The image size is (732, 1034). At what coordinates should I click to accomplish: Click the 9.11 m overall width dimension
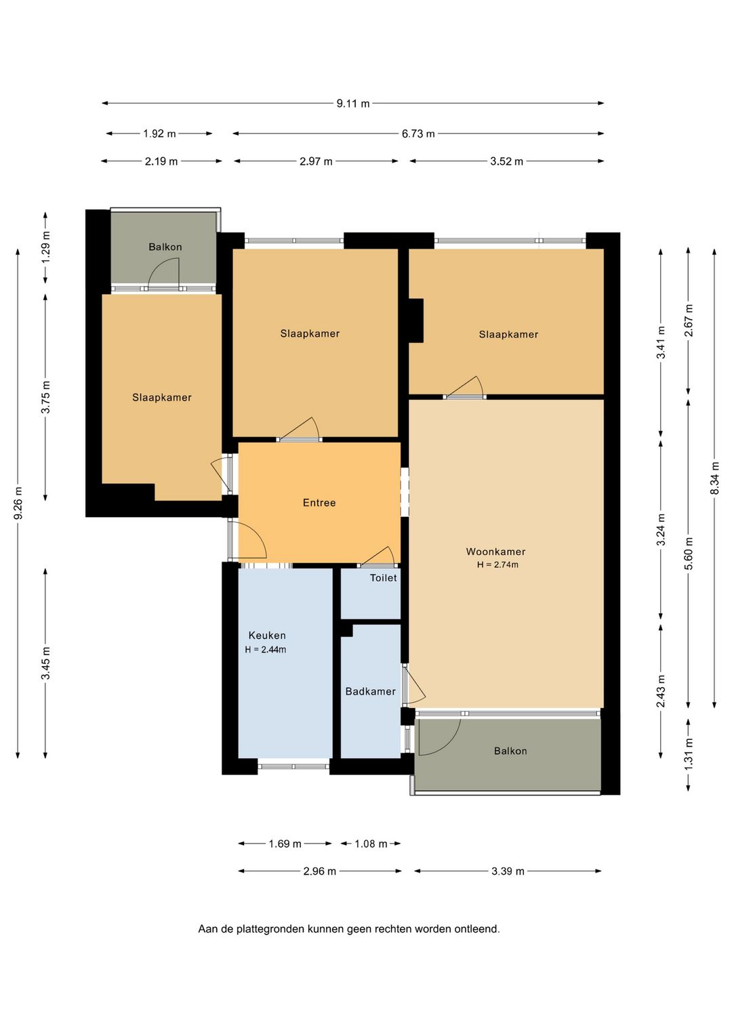pyautogui.click(x=353, y=104)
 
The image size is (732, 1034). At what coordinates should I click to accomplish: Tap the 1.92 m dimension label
pyautogui.click(x=159, y=134)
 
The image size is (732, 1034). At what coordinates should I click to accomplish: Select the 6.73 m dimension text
pyautogui.click(x=418, y=134)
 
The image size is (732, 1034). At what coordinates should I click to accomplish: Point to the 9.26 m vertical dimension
pyautogui.click(x=18, y=503)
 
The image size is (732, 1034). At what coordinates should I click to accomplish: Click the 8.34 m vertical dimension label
pyautogui.click(x=714, y=478)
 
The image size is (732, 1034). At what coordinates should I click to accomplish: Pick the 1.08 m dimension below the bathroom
pyautogui.click(x=371, y=844)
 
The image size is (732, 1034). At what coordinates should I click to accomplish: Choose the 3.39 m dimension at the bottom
pyautogui.click(x=508, y=871)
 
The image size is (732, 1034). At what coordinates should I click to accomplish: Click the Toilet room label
pyautogui.click(x=384, y=577)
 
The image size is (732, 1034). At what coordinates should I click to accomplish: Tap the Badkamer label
pyautogui.click(x=370, y=692)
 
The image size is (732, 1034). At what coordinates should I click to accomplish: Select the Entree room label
pyautogui.click(x=319, y=503)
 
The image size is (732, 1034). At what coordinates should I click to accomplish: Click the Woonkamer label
pyautogui.click(x=495, y=551)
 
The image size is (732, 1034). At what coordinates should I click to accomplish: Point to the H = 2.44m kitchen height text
pyautogui.click(x=266, y=650)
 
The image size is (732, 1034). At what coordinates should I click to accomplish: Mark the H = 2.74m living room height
pyautogui.click(x=497, y=564)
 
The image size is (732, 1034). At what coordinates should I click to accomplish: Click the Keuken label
pyautogui.click(x=267, y=636)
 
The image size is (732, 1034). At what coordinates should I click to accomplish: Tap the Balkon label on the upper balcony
pyautogui.click(x=165, y=247)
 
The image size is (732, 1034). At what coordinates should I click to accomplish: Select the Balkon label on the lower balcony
pyautogui.click(x=510, y=751)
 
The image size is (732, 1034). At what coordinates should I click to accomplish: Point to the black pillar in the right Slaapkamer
pyautogui.click(x=416, y=320)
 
